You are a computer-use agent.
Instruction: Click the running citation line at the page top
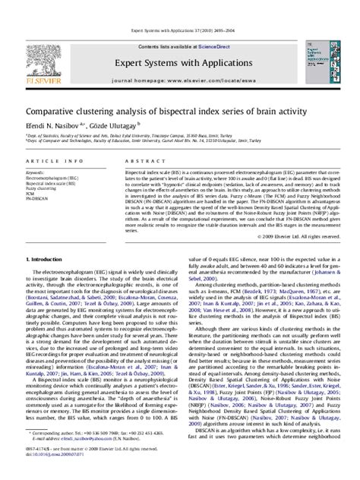coord(179,8)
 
